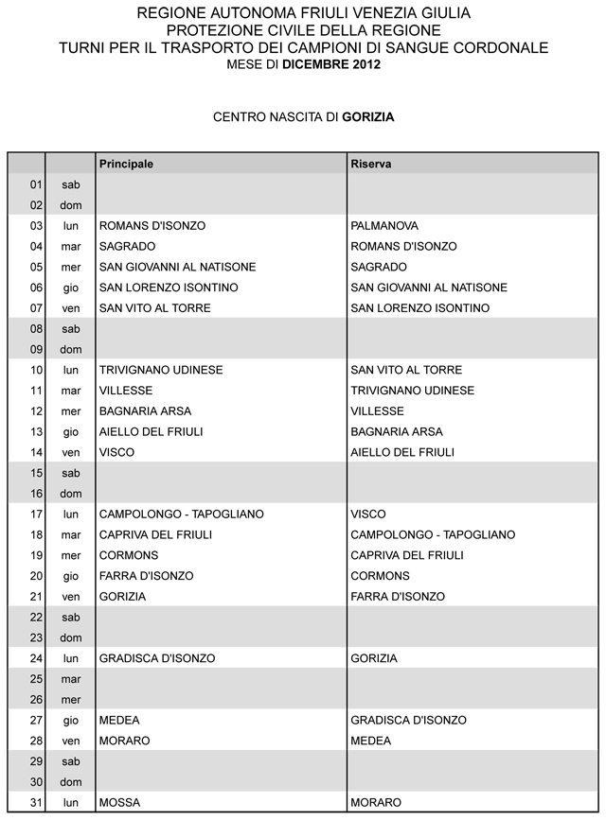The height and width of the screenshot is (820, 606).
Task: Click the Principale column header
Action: point(126,164)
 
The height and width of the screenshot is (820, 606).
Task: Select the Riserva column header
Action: point(371,164)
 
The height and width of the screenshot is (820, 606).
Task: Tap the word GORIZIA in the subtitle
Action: point(368,118)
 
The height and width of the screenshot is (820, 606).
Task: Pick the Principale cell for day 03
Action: point(152,226)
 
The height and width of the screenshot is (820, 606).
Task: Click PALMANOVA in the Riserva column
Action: point(384,226)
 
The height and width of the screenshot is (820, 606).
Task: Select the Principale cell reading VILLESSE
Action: point(126,391)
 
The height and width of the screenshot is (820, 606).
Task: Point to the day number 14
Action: point(37,452)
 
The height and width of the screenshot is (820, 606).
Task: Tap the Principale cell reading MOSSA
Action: point(119,802)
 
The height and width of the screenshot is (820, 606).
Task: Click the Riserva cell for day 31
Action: point(376,802)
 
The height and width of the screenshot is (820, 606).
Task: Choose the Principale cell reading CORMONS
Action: point(129,555)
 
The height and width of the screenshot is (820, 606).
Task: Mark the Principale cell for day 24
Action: point(157,658)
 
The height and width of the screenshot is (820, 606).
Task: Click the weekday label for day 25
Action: point(71,679)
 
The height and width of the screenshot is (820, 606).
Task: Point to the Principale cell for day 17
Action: point(182,514)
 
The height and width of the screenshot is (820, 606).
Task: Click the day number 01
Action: point(37,184)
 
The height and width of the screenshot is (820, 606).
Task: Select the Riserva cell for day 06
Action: point(429,288)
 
